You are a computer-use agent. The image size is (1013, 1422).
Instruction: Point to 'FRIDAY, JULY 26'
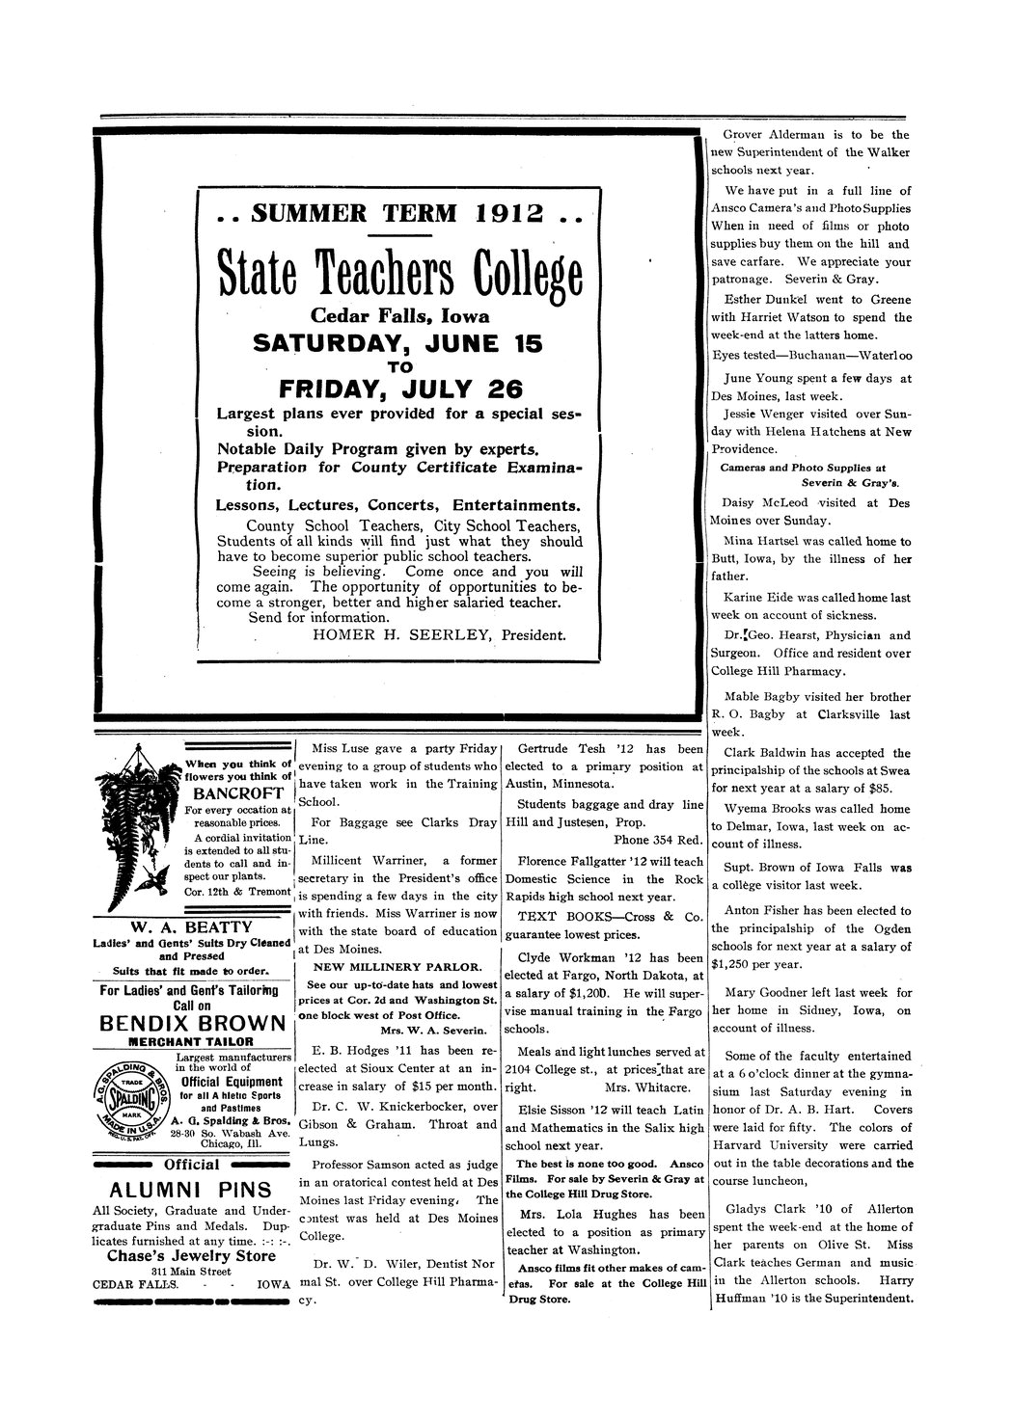tap(400, 389)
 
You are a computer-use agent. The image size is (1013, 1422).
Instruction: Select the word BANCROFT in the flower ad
tap(236, 793)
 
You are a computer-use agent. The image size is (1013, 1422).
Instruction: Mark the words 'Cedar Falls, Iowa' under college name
tap(399, 316)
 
